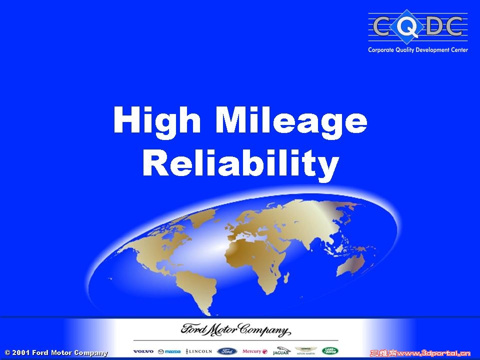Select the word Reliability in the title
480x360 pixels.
[x=240, y=163]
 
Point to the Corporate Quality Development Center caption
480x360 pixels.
[x=418, y=50]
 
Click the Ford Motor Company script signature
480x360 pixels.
[x=235, y=330]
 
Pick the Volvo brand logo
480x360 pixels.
[x=143, y=351]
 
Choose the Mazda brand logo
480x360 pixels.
[x=169, y=351]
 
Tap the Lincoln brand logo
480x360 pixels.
[x=199, y=351]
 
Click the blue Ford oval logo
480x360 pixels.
[x=227, y=351]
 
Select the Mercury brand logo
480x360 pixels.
[x=255, y=351]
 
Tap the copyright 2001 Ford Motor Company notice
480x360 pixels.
[x=56, y=352]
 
